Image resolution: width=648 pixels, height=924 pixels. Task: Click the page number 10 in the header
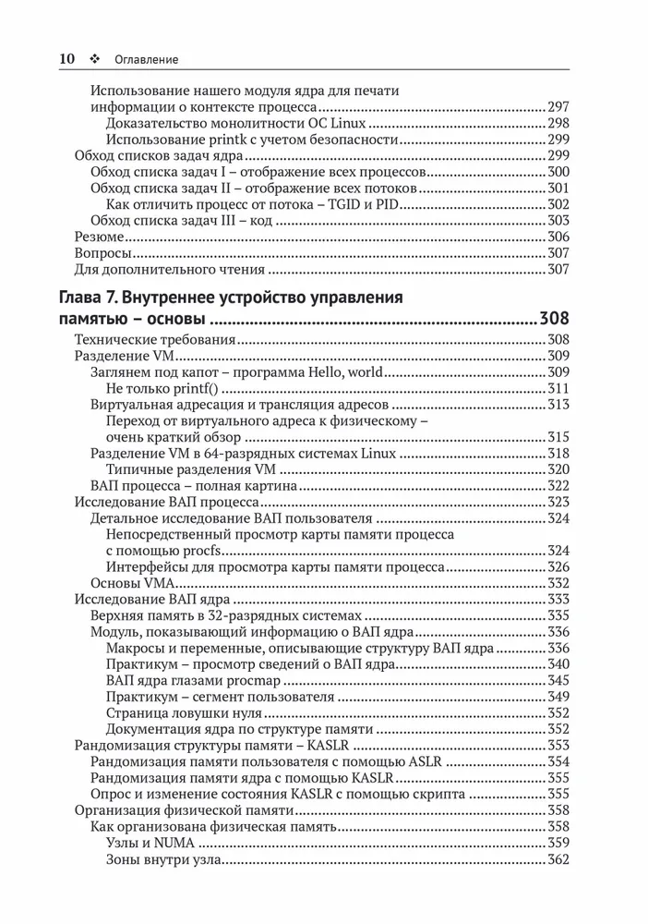(x=66, y=58)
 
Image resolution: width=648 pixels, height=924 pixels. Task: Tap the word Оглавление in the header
(x=147, y=59)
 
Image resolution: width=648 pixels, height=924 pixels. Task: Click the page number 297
(x=558, y=107)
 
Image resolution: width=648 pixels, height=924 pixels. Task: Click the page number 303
(x=558, y=221)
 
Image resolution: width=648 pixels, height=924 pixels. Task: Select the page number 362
(x=558, y=860)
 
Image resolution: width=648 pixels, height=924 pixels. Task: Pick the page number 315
(x=558, y=437)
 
